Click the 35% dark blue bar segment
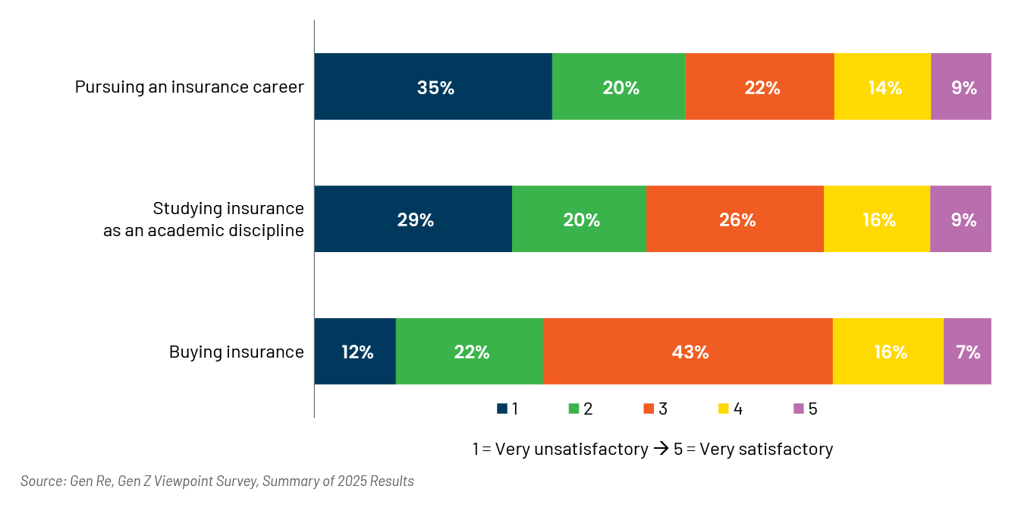click(x=433, y=87)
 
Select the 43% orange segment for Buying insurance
click(x=687, y=352)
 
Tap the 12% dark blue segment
click(x=355, y=352)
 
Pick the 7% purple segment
click(x=967, y=352)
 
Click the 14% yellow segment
click(x=882, y=87)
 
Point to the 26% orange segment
click(x=735, y=219)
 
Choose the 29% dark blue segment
click(x=413, y=219)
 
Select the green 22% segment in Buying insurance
click(x=470, y=352)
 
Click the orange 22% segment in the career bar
click(x=759, y=87)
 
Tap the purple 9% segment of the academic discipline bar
click(x=960, y=219)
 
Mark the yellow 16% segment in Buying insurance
click(x=888, y=352)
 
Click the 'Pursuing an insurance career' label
click(x=190, y=87)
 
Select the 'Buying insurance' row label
click(x=236, y=352)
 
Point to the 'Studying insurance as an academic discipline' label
click(x=203, y=219)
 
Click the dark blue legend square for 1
click(x=502, y=409)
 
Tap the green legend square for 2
click(x=574, y=409)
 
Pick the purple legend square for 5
click(x=799, y=409)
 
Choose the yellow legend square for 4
click(x=724, y=409)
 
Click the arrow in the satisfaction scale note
click(x=661, y=449)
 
